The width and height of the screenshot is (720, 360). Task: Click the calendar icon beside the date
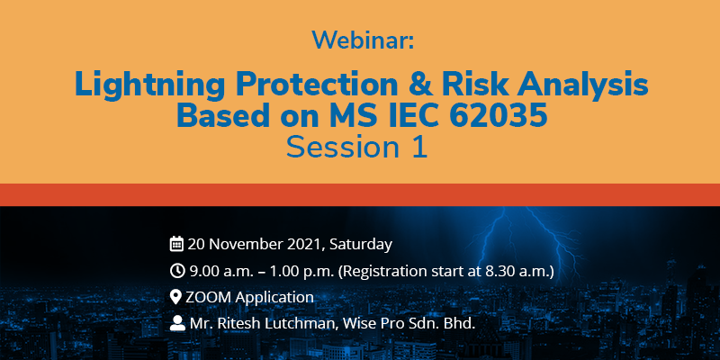click(176, 244)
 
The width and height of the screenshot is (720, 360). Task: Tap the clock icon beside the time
click(176, 271)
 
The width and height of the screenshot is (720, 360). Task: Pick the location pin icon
click(175, 297)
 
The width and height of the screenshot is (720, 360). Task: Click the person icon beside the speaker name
click(177, 323)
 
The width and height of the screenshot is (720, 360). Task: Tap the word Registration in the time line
click(382, 272)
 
